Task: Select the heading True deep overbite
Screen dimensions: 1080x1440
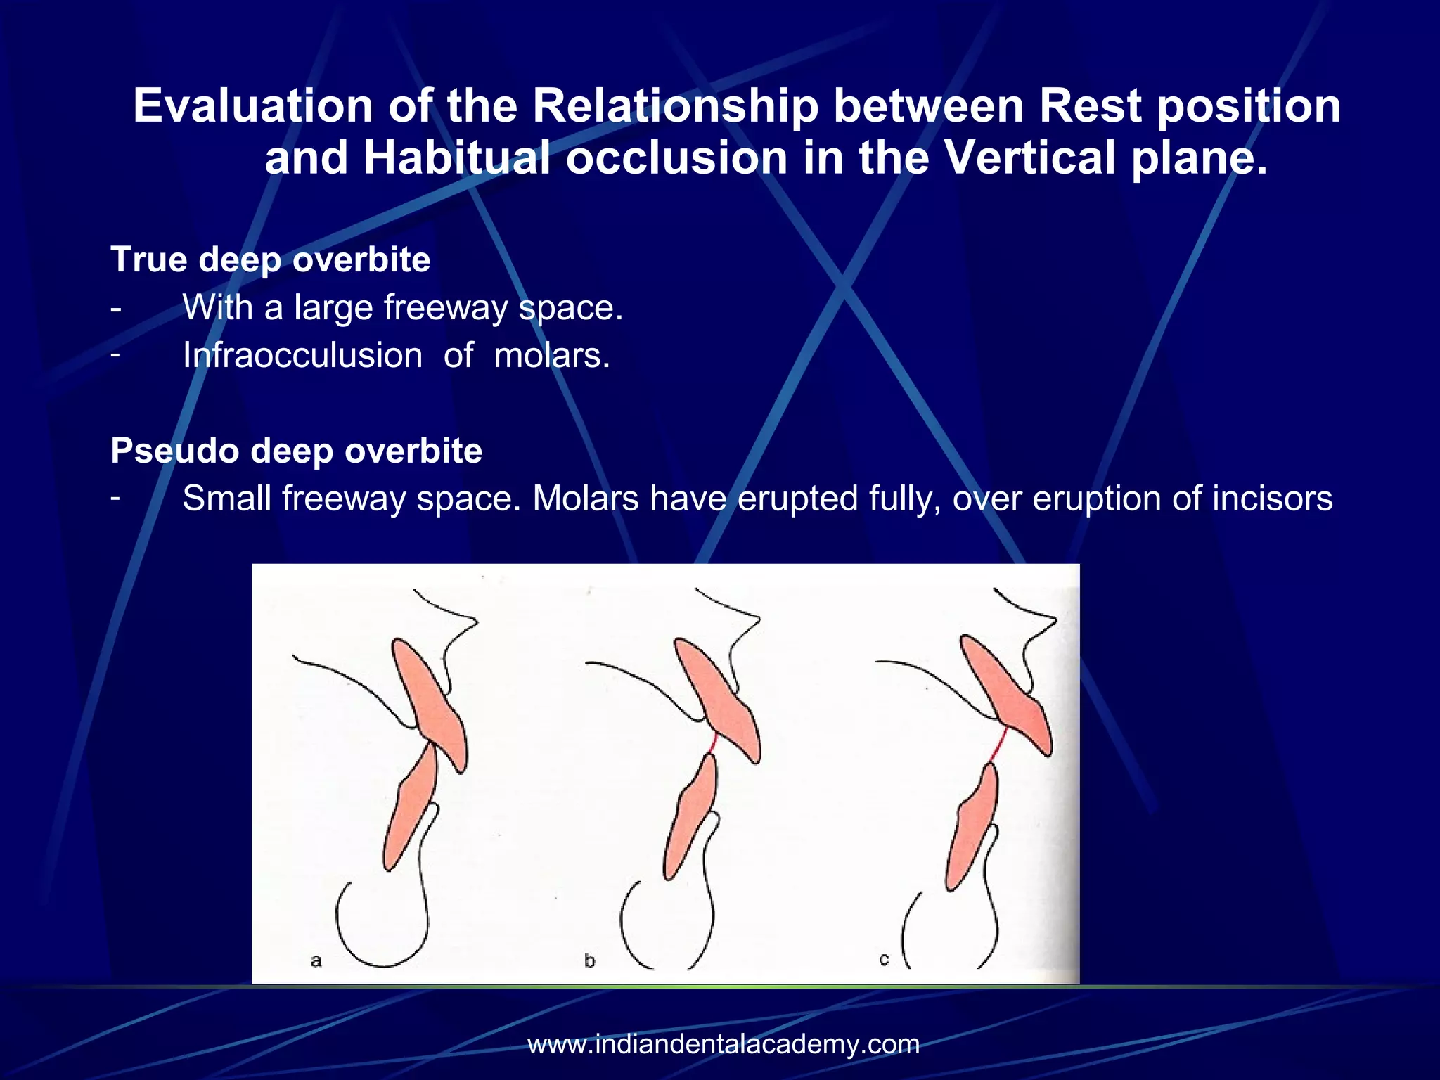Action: pyautogui.click(x=270, y=259)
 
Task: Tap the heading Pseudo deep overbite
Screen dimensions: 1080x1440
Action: pyautogui.click(x=296, y=451)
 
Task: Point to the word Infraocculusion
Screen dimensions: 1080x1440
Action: pyautogui.click(x=302, y=356)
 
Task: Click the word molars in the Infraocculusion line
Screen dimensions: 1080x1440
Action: pyautogui.click(x=551, y=356)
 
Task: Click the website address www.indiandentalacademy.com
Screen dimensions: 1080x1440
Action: pyautogui.click(x=724, y=1044)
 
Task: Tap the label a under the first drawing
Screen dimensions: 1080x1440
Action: pyautogui.click(x=316, y=960)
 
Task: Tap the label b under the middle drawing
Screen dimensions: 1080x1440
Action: pyautogui.click(x=589, y=960)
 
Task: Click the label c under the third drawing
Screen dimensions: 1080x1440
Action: pyautogui.click(x=884, y=959)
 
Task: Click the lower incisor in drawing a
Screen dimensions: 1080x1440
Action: pyautogui.click(x=411, y=809)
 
